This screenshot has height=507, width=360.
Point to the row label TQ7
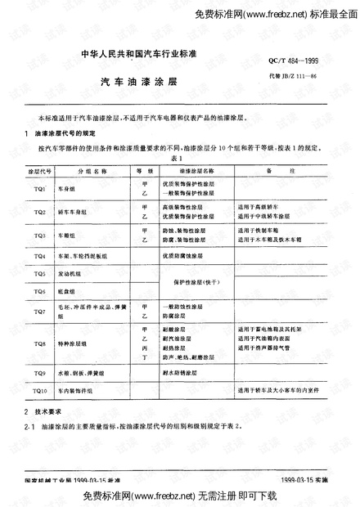coord(39,312)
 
